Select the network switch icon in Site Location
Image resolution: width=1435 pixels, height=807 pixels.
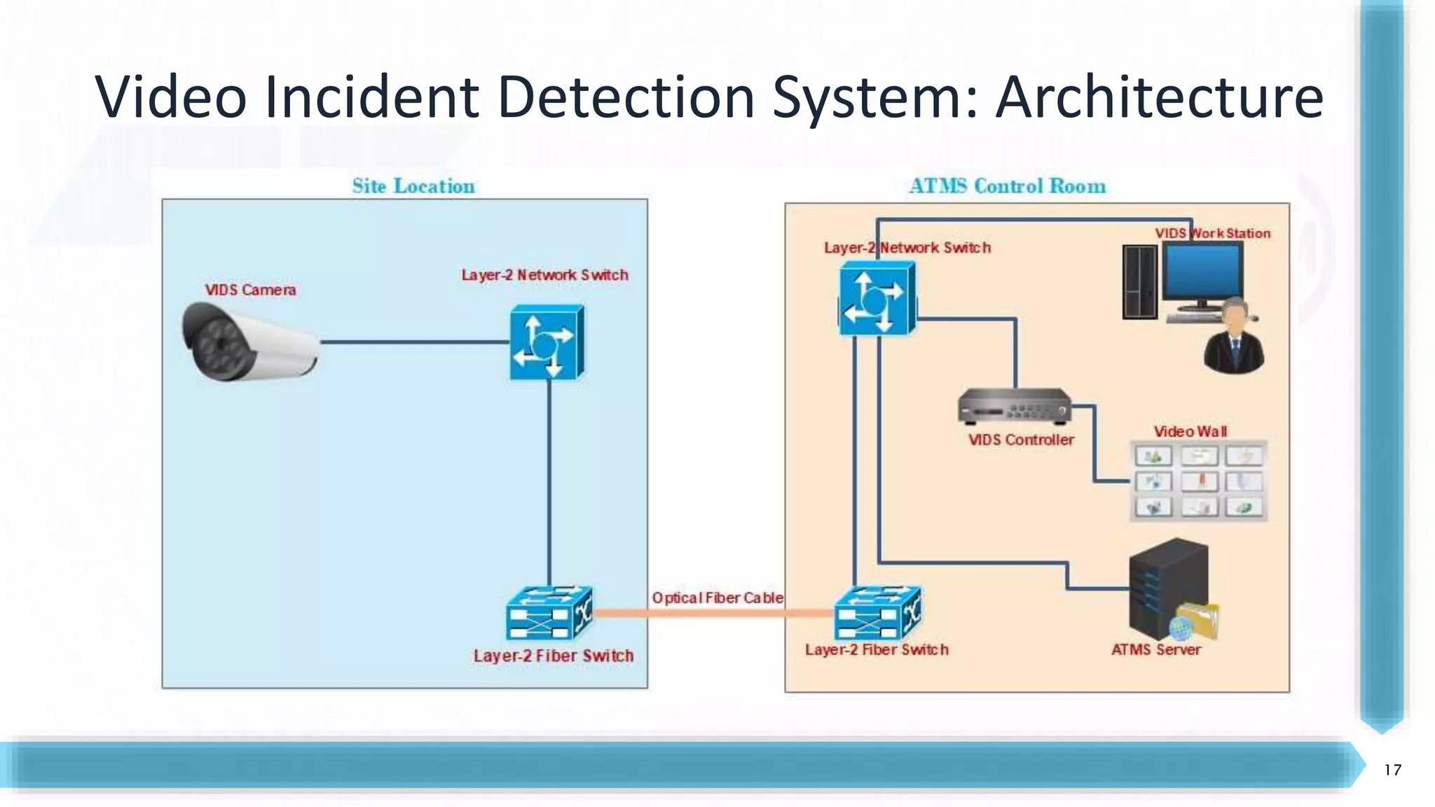pyautogui.click(x=547, y=343)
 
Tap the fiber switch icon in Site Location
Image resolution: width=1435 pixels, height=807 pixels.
pyautogui.click(x=549, y=614)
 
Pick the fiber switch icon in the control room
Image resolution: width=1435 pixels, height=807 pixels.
pyautogui.click(x=877, y=613)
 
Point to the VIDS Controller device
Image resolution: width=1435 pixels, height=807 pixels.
pyautogui.click(x=1014, y=407)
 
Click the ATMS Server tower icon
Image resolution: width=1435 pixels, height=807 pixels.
pyautogui.click(x=1168, y=588)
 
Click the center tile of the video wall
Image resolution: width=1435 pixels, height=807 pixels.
pyautogui.click(x=1200, y=481)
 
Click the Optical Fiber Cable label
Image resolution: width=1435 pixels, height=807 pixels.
pyautogui.click(x=717, y=598)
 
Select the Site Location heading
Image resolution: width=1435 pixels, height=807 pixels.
pyautogui.click(x=413, y=186)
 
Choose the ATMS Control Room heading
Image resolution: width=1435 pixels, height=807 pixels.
pyautogui.click(x=1007, y=186)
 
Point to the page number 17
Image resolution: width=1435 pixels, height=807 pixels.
pyautogui.click(x=1392, y=770)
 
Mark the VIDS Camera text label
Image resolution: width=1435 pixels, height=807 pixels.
pyautogui.click(x=250, y=290)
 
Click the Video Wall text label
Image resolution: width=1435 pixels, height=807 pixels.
pyautogui.click(x=1190, y=432)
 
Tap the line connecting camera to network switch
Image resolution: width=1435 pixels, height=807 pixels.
pyautogui.click(x=413, y=342)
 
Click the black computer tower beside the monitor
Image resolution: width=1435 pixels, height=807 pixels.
pyautogui.click(x=1139, y=282)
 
